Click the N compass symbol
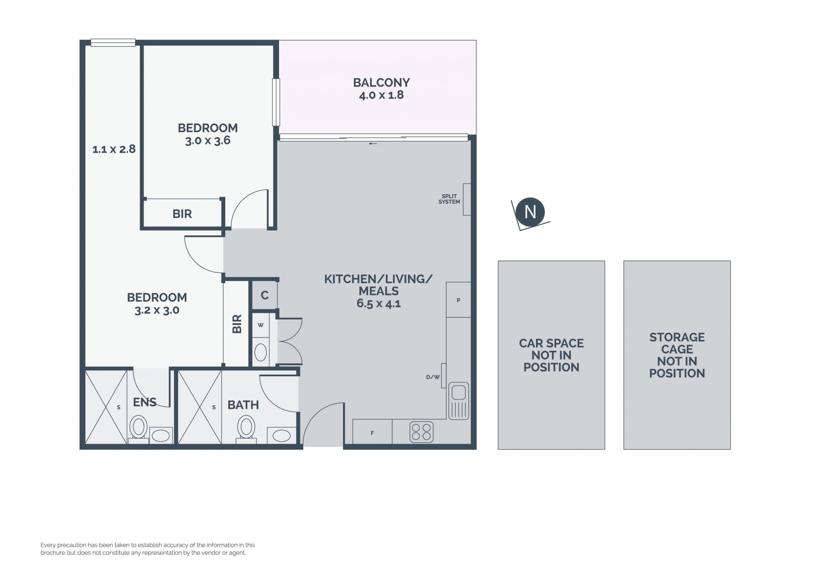click(530, 212)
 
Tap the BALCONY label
click(382, 82)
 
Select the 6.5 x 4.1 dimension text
click(379, 303)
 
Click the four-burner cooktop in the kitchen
click(421, 432)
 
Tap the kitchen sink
click(459, 400)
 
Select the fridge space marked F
click(372, 432)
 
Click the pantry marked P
click(459, 300)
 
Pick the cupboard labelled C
click(265, 295)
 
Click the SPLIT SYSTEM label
click(449, 199)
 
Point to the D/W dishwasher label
click(433, 377)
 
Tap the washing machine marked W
click(260, 325)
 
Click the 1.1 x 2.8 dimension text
click(114, 149)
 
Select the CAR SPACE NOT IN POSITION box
click(551, 355)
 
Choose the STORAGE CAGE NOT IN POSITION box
click(677, 355)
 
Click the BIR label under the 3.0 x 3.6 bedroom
click(182, 214)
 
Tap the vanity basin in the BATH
click(282, 436)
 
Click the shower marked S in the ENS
click(106, 407)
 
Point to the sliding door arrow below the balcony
click(373, 144)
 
